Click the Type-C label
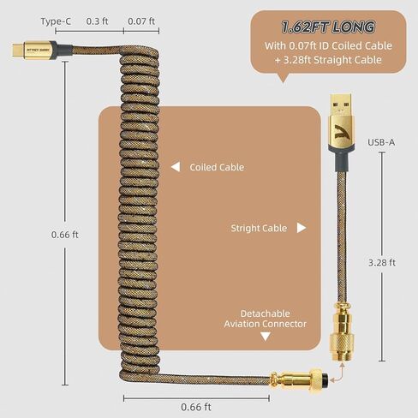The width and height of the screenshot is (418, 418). pos(56,21)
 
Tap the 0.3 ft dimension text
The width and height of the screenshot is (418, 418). pos(97,21)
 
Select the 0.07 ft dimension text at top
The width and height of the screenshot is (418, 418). pos(141,21)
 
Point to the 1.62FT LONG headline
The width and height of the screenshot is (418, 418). pos(328,27)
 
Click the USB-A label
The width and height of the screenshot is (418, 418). pos(381,142)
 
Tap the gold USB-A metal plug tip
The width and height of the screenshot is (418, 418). pos(341,104)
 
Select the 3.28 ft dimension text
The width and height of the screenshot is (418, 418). pos(382,263)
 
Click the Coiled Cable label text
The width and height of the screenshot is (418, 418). pos(217,167)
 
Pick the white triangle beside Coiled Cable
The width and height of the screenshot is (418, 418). pos(176,167)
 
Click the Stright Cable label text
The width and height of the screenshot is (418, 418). pos(259,228)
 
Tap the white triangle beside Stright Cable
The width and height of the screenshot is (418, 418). pos(302,228)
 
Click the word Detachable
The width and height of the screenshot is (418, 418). pos(266,313)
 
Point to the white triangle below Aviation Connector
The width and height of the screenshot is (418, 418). pos(266,337)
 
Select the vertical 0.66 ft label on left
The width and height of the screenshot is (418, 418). pos(65,235)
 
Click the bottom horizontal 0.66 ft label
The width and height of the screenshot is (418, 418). pos(196,407)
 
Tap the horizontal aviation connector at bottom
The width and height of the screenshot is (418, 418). pos(299,379)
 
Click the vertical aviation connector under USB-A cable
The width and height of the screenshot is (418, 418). pos(342,332)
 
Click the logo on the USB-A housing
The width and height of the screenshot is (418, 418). pos(341,131)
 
